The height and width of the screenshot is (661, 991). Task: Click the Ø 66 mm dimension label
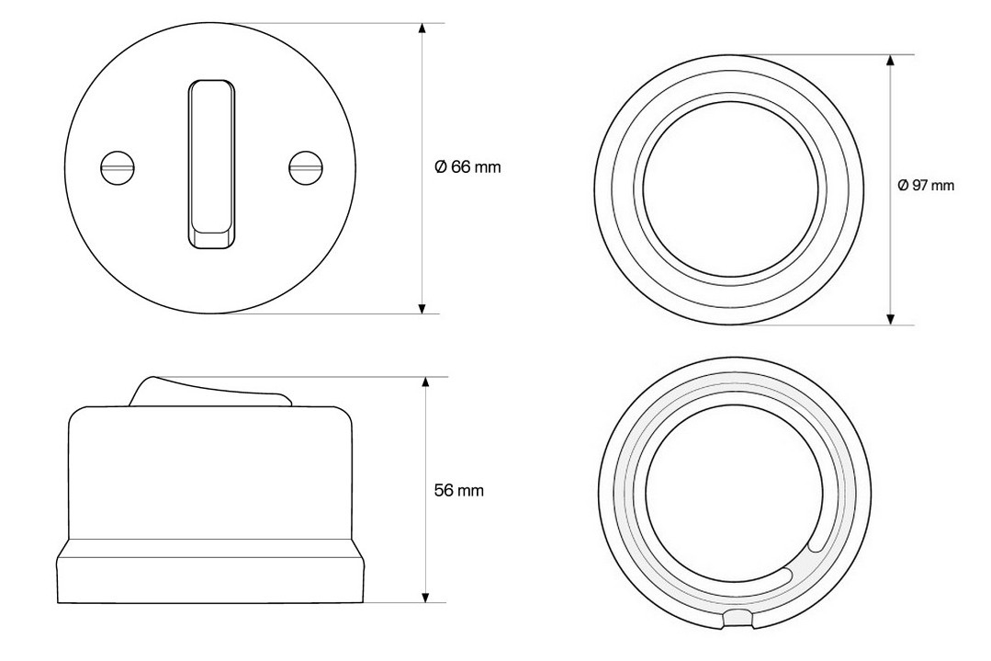coord(467,167)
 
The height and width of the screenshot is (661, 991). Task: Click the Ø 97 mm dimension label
coord(926,186)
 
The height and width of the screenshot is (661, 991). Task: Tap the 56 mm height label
coord(459,490)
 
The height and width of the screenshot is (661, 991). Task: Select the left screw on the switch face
coord(118,167)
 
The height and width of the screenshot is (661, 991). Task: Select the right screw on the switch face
coord(305,167)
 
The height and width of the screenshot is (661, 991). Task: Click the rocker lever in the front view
coord(211,165)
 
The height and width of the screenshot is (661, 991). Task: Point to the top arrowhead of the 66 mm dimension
coord(422,28)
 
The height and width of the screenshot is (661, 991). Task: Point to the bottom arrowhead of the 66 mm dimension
coord(422,308)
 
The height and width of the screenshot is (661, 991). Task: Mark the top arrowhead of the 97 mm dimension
coord(891,60)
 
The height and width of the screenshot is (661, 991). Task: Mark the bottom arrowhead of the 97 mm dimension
coord(891,319)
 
